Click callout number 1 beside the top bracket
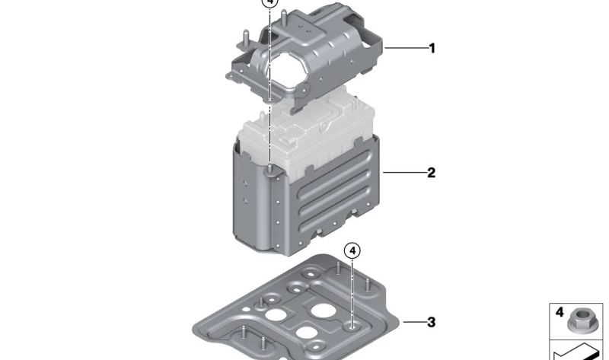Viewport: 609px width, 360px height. (432, 49)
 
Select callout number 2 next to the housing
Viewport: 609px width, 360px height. (432, 173)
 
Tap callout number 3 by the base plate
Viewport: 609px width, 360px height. (432, 323)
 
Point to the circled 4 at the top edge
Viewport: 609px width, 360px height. (269, 3)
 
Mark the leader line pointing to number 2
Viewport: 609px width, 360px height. (403, 173)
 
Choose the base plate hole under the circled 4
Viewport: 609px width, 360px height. (352, 327)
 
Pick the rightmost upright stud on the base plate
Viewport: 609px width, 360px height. (368, 285)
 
